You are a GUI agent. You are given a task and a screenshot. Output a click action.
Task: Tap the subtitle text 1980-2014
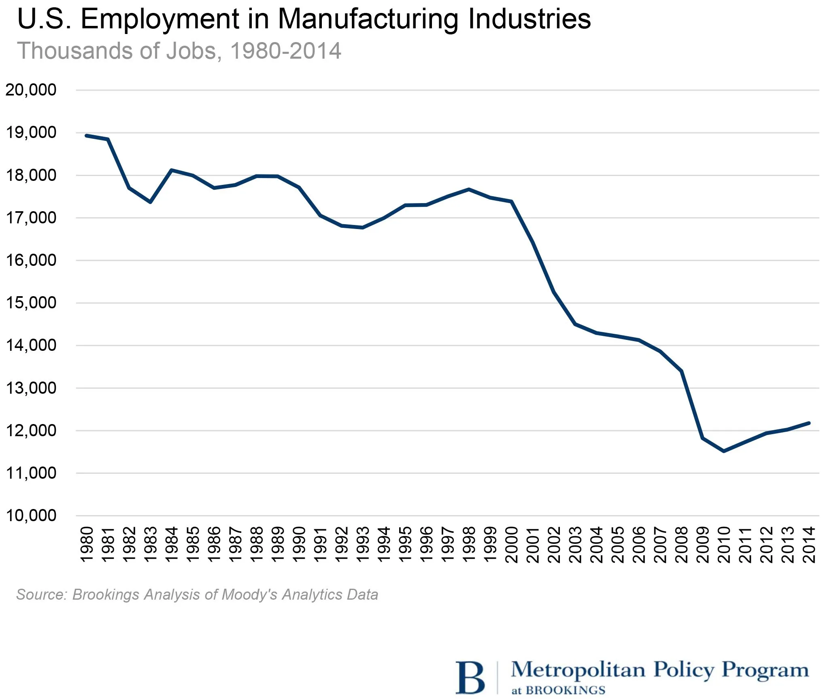(285, 51)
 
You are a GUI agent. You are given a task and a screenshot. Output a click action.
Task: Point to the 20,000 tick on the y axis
(31, 90)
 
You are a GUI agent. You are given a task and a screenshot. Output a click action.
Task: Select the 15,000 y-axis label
(31, 303)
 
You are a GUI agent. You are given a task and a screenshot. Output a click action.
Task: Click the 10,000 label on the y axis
(31, 515)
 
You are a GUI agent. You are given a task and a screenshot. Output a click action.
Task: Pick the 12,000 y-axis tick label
(31, 431)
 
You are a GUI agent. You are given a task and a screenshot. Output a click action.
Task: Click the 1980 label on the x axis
(87, 544)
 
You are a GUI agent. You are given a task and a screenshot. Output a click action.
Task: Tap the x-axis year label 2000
(512, 544)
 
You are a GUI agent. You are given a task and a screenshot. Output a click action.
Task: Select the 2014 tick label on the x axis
(809, 544)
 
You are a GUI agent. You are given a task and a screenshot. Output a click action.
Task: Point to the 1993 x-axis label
(363, 544)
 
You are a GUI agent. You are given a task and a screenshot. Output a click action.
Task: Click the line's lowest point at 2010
(724, 451)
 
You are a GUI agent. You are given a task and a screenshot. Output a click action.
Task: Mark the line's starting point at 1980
(87, 136)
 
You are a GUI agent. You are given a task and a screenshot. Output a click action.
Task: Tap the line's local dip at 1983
(150, 202)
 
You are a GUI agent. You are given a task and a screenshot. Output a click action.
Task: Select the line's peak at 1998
(469, 189)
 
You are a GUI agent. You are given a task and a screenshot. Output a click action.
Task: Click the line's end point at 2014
(808, 423)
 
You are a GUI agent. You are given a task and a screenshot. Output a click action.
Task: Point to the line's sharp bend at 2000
(512, 202)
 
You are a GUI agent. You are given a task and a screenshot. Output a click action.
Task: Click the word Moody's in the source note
(249, 594)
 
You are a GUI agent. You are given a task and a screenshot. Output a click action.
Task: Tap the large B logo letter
(470, 678)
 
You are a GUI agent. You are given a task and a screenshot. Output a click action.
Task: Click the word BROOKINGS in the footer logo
(565, 690)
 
